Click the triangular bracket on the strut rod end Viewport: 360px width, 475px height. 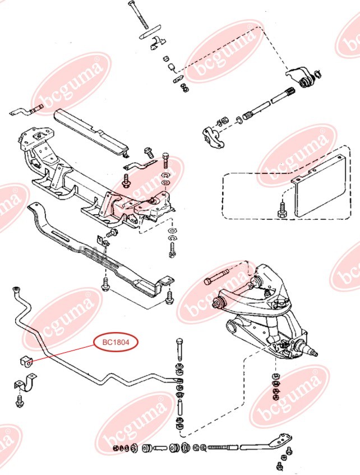coord(279,440)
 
